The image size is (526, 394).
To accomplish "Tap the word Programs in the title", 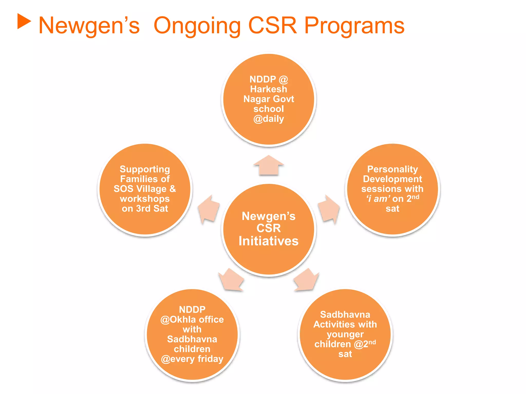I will (354, 26).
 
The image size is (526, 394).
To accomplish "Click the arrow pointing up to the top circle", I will (269, 166).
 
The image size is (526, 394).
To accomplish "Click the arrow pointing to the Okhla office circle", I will (231, 280).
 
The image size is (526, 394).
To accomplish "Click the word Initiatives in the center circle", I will (269, 241).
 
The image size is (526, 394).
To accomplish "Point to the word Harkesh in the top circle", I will (269, 89).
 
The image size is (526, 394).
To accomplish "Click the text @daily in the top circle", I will (269, 119).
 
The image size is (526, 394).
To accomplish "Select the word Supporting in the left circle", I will (145, 169).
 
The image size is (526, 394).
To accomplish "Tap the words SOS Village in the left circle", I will (140, 189).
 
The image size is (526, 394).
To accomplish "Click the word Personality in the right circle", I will (392, 169).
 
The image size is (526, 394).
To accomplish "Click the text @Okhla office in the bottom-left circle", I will (192, 320).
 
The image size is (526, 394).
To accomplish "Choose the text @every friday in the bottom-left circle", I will (192, 359).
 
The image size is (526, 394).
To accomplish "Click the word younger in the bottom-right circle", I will (345, 334).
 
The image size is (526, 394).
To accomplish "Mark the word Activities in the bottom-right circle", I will (334, 324).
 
